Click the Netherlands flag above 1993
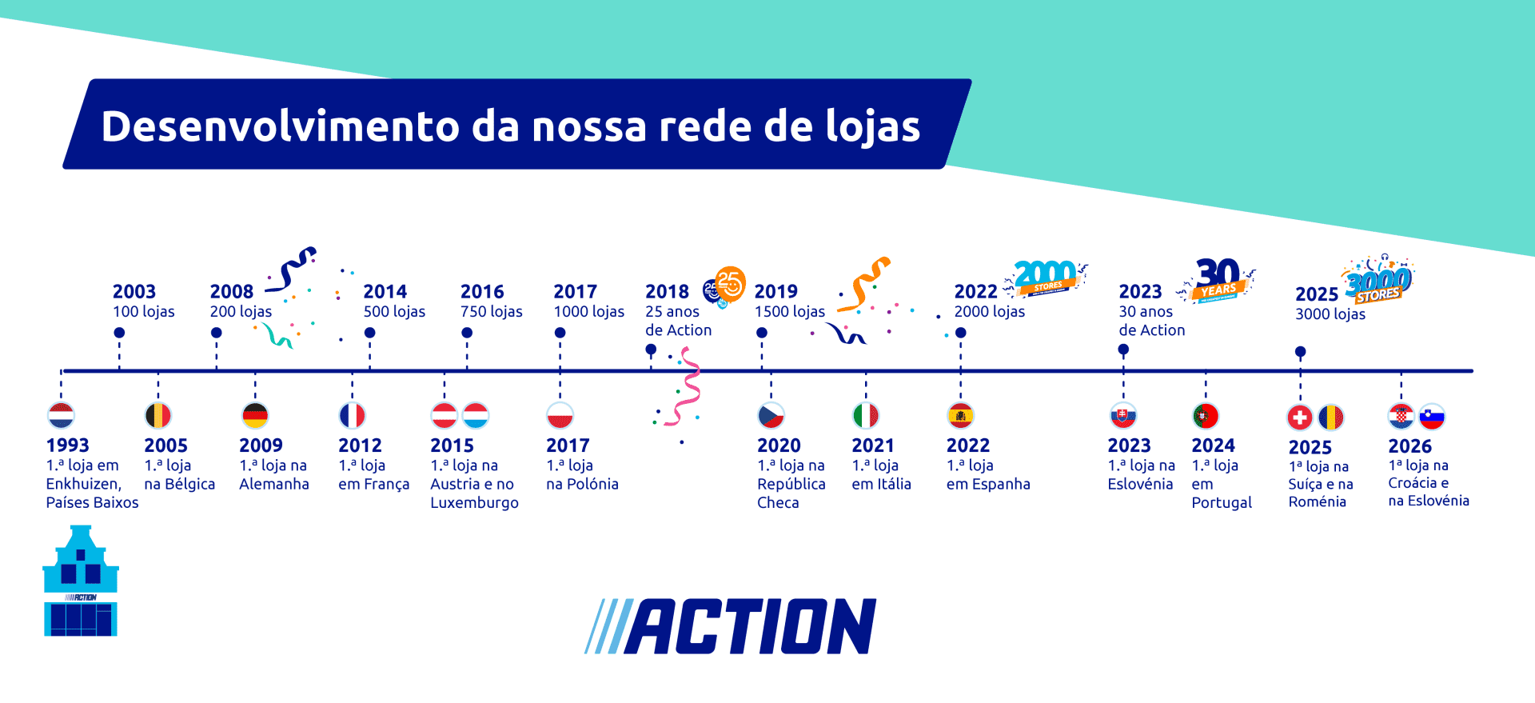(x=62, y=416)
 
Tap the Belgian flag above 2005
(x=158, y=416)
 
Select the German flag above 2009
(x=255, y=416)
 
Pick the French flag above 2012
(x=353, y=416)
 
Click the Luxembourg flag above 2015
(x=476, y=416)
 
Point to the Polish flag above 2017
(x=560, y=416)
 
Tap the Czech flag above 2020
(x=771, y=416)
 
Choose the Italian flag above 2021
(x=866, y=416)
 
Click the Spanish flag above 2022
(x=960, y=416)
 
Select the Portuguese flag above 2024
(x=1206, y=416)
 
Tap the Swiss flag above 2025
(x=1300, y=417)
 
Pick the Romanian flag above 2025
(x=1331, y=417)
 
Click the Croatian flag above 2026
(x=1401, y=417)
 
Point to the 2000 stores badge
(x=1046, y=278)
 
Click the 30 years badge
(x=1218, y=279)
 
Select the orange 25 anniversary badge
(x=729, y=283)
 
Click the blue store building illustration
(x=80, y=581)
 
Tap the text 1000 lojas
(x=589, y=312)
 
